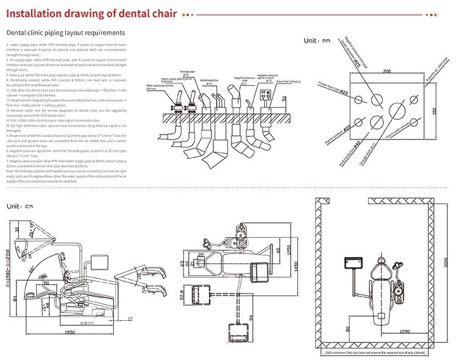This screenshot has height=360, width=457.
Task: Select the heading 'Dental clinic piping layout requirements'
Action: [x=66, y=33]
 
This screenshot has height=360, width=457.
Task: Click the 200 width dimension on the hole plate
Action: [x=386, y=71]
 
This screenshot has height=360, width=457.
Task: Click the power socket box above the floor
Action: [x=264, y=96]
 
